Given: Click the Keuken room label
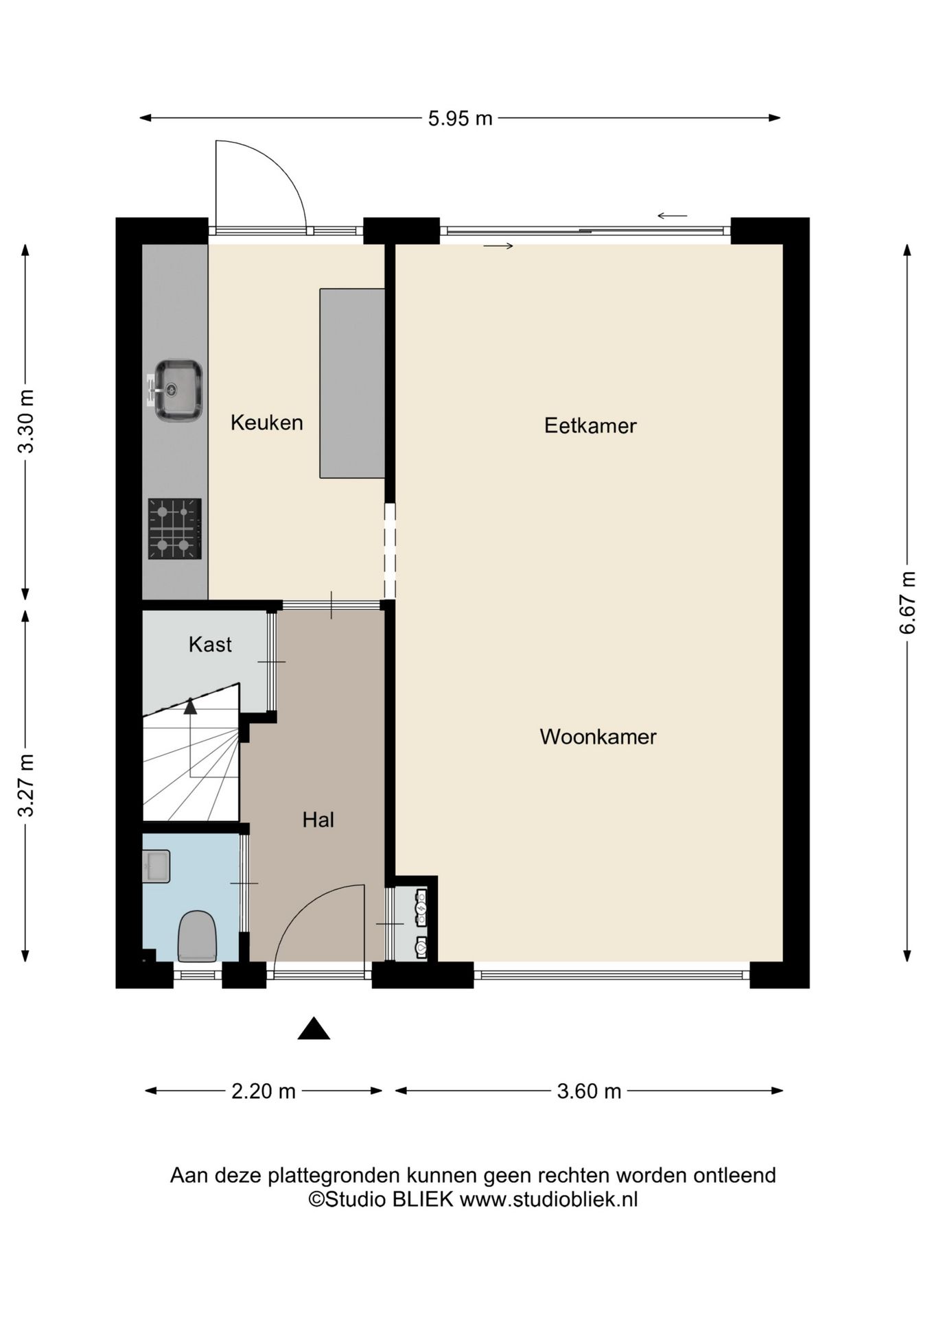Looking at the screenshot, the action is click(266, 423).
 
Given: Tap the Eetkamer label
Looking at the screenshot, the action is click(590, 426).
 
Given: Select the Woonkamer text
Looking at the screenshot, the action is click(598, 737).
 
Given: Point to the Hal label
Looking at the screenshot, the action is click(318, 820).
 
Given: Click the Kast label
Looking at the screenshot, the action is click(210, 645).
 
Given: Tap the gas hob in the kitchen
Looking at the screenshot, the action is click(174, 529).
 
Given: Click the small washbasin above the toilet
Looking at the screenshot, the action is click(156, 866).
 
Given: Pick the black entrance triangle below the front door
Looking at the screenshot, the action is click(314, 1029).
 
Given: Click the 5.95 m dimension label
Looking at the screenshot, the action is click(461, 119).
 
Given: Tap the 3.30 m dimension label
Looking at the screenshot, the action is click(26, 422).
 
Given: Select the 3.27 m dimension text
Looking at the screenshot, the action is click(26, 785).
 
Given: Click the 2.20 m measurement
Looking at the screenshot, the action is click(264, 1091).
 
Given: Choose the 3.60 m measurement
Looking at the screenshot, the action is click(589, 1091).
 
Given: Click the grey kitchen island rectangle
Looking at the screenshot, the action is click(352, 383).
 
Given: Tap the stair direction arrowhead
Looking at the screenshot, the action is click(190, 707).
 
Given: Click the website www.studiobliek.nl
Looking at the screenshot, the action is click(548, 1199).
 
